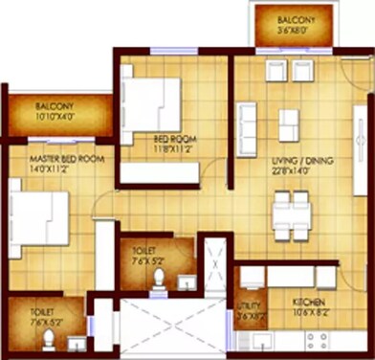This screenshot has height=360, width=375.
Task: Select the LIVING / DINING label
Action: pos(301,161)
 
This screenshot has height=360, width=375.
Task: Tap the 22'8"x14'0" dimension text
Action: pos(301,171)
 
